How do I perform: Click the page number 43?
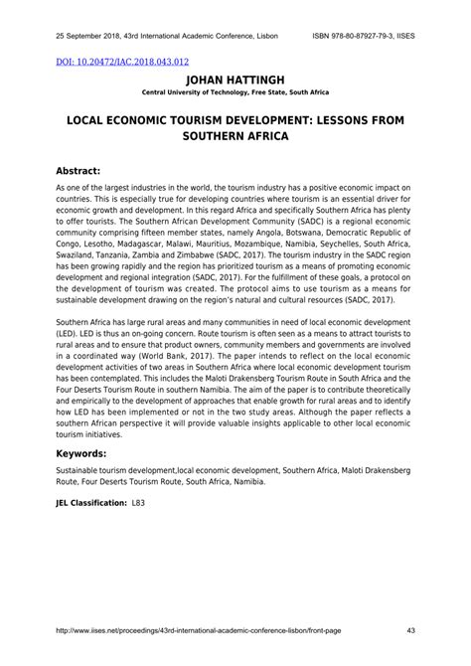(410, 628)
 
